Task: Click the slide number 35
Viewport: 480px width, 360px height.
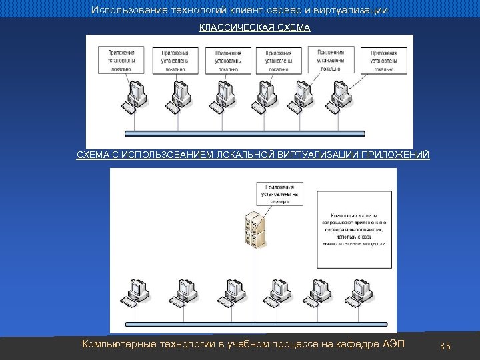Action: pyautogui.click(x=446, y=346)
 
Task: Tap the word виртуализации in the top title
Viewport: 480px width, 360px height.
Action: pyautogui.click(x=354, y=11)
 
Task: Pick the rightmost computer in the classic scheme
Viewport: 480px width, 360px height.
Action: pyautogui.click(x=345, y=97)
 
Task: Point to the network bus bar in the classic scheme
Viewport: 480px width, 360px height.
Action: pyautogui.click(x=243, y=132)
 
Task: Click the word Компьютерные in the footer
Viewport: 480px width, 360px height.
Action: pyautogui.click(x=116, y=345)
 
